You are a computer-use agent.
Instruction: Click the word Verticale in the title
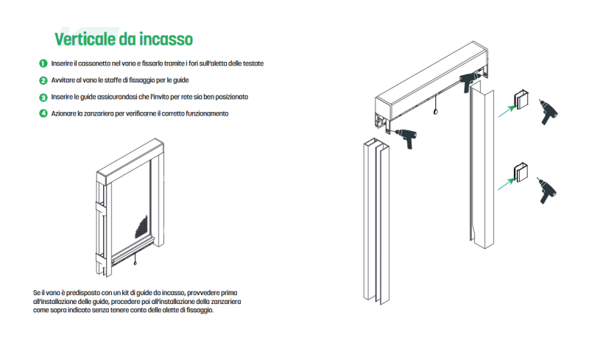coord(85,39)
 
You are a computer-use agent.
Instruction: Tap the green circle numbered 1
coord(43,63)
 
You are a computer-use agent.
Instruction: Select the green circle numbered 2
coord(43,80)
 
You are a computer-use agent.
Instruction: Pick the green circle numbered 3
coord(43,97)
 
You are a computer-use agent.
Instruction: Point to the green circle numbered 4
coord(43,113)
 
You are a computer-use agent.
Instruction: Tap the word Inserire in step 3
coord(62,97)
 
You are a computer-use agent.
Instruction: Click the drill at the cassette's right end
coord(470,81)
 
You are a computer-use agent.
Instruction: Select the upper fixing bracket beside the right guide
coord(521,99)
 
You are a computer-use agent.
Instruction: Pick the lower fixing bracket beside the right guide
coord(521,172)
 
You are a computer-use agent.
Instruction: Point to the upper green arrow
coord(507,111)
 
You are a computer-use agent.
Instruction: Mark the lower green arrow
coord(506,184)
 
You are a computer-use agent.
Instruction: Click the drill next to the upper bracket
coord(548,112)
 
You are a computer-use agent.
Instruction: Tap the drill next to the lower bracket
coord(546,191)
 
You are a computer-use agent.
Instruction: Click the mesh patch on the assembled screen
coord(141,227)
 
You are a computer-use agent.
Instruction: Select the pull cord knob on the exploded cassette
coord(435,112)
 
